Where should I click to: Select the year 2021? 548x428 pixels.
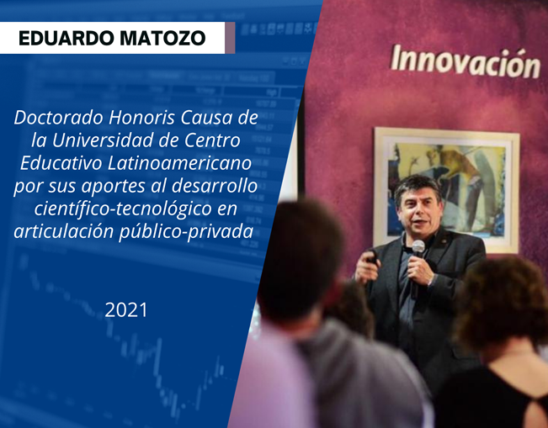[x=126, y=310]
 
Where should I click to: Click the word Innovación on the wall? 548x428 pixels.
[x=466, y=62]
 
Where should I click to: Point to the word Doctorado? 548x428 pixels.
[x=59, y=118]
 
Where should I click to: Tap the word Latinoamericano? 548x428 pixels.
[x=179, y=163]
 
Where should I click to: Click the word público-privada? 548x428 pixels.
[x=186, y=232]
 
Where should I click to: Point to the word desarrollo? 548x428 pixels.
[x=215, y=186]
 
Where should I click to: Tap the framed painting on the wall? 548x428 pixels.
[x=447, y=189]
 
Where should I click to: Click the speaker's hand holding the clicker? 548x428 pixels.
[x=367, y=267]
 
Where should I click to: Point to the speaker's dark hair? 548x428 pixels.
[x=418, y=188]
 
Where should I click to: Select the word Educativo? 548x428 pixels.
[x=61, y=163]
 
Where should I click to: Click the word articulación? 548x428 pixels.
[x=64, y=232]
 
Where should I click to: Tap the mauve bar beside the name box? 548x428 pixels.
[x=230, y=38]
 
